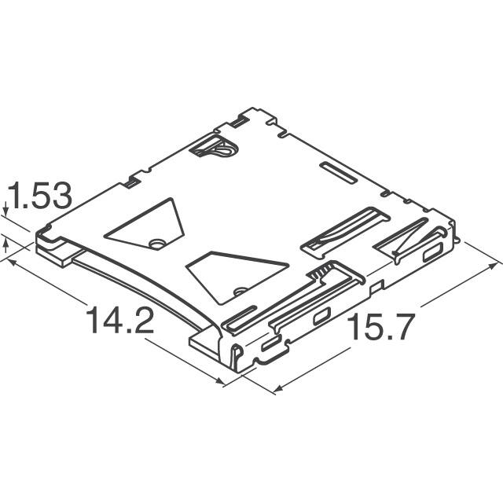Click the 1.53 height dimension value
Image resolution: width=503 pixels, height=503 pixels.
click(x=39, y=197)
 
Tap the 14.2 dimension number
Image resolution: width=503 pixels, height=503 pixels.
click(x=119, y=322)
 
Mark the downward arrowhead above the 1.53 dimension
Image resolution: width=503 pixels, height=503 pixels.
click(x=6, y=211)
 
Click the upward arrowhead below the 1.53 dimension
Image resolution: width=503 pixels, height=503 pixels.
click(x=7, y=245)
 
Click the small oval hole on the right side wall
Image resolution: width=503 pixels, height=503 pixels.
click(x=432, y=253)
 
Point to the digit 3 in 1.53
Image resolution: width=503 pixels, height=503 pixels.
click(x=62, y=197)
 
